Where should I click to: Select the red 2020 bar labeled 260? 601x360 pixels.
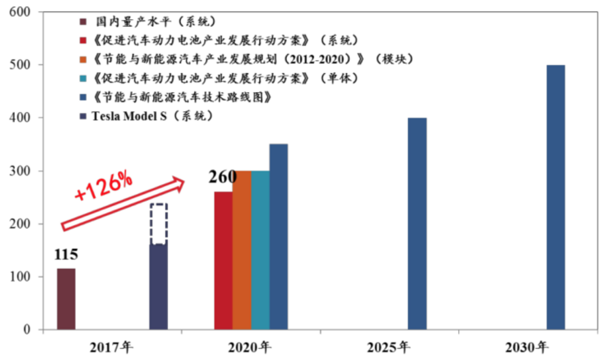click(223, 261)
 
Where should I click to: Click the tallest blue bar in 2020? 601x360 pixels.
click(278, 237)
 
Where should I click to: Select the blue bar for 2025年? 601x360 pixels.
click(417, 223)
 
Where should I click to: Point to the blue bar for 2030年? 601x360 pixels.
click(556, 197)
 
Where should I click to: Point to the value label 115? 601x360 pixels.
click(65, 257)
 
